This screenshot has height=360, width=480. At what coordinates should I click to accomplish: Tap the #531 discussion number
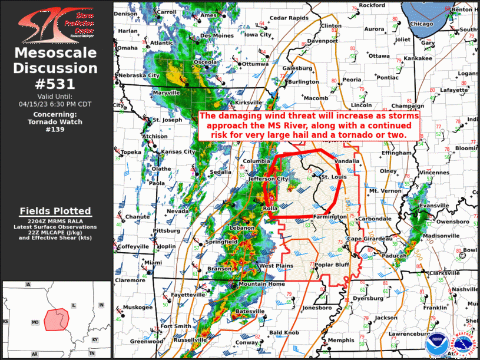coord(56,83)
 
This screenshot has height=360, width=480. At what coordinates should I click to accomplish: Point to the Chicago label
coord(421,24)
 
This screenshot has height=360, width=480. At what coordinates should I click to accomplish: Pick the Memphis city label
coord(342,340)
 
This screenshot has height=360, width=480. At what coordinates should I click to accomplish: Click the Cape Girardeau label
coord(369,238)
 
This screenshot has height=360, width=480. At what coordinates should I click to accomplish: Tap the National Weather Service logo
coord(463,344)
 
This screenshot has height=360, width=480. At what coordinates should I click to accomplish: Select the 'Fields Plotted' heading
coord(55,211)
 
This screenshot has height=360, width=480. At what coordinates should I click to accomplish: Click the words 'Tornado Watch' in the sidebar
coord(55,122)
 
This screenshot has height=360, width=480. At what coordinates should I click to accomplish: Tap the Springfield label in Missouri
coord(221,242)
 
